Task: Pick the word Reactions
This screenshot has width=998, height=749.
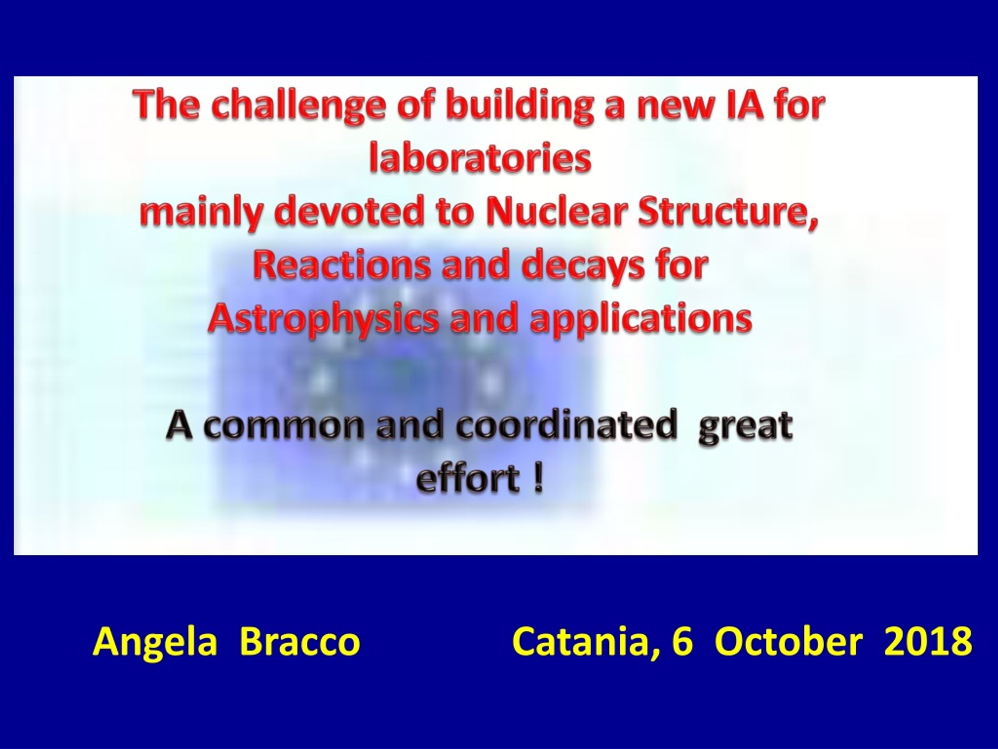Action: coord(342,264)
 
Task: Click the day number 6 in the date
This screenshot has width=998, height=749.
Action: coord(682,642)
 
